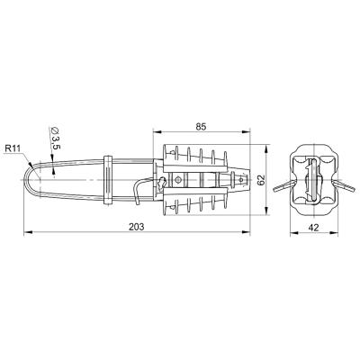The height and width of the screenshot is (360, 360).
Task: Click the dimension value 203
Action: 137,227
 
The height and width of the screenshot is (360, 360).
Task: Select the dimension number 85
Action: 201,127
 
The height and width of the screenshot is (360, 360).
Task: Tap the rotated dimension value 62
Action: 262,180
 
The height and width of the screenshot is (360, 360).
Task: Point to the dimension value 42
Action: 314,228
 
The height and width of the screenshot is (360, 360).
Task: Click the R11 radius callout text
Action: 13,148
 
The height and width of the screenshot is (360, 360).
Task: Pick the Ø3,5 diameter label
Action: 55,139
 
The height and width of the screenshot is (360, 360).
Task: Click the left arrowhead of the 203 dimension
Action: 28,232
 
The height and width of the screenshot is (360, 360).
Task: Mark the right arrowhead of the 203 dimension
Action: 246,232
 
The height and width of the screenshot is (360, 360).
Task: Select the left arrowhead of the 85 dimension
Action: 157,131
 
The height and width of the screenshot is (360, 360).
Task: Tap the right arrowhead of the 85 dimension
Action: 246,131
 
